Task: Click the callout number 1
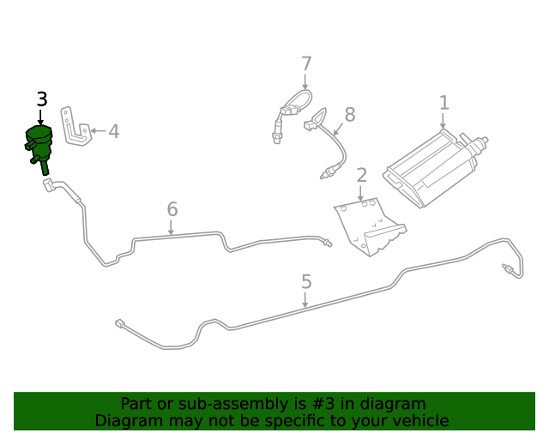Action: [x=443, y=103]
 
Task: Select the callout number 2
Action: [x=361, y=175]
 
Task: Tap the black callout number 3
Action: [x=41, y=99]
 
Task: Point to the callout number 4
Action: [x=113, y=131]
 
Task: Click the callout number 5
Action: [x=306, y=281]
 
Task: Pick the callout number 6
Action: [x=172, y=208]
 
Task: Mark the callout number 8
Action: [x=349, y=115]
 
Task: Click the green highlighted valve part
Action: [x=38, y=144]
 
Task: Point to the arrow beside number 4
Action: [x=97, y=131]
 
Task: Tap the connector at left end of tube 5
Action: [x=120, y=323]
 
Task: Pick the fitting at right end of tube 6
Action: [x=327, y=243]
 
